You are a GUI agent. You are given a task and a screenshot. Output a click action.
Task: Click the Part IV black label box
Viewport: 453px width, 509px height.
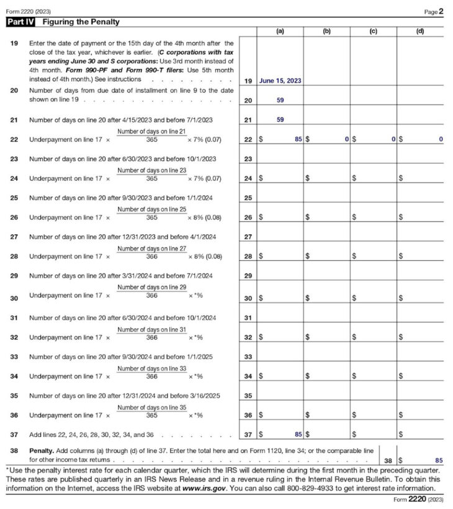coord(20,22)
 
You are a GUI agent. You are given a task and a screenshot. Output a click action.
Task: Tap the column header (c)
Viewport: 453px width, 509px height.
coord(373,30)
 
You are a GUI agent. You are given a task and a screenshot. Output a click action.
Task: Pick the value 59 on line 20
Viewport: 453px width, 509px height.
coord(280,100)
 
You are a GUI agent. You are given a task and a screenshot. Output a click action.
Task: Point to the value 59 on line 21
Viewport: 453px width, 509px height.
coord(280,120)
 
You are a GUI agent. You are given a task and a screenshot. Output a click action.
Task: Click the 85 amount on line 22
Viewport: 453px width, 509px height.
coord(298,139)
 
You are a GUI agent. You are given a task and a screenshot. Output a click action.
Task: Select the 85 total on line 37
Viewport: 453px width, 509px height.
coord(298,434)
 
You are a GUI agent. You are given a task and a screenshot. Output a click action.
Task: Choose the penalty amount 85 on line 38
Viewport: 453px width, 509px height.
coord(439,461)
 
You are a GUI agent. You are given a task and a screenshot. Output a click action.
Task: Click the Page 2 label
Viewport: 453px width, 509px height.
coord(434,11)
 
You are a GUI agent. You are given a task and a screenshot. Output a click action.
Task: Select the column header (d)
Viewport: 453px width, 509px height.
coord(420,30)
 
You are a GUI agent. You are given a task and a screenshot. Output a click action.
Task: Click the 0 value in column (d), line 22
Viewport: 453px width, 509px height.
coord(441,139)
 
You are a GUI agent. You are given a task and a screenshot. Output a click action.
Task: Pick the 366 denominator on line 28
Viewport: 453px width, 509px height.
coord(151,257)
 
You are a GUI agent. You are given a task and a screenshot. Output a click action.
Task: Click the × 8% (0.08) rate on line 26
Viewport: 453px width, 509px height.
coord(205,218)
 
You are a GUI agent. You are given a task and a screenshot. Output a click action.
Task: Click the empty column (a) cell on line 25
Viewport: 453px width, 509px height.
coord(280,198)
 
